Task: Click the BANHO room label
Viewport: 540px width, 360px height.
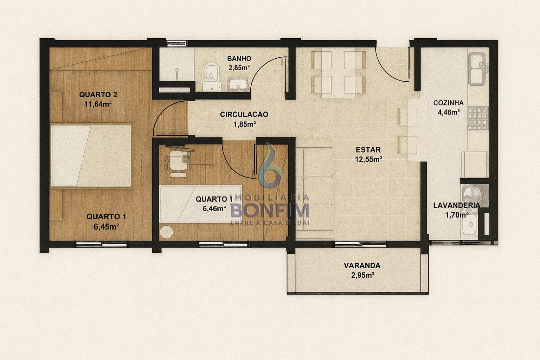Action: (x=239, y=59)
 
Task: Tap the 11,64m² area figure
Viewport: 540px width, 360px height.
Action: (x=98, y=104)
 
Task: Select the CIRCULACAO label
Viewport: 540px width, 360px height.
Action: (x=244, y=115)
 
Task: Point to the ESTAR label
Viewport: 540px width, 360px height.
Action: (x=368, y=150)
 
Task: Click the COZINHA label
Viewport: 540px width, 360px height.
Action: (x=448, y=103)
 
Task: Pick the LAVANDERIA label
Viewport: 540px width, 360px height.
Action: (x=457, y=205)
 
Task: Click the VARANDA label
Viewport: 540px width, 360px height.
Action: (x=362, y=265)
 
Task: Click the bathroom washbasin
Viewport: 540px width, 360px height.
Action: (x=238, y=84)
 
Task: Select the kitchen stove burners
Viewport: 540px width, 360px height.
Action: (x=477, y=119)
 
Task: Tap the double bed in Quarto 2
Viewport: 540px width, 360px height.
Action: (x=91, y=156)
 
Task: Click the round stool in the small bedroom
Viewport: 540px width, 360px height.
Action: (x=166, y=232)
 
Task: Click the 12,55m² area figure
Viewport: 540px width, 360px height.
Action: (x=368, y=159)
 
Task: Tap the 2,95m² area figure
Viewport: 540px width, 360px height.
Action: (x=362, y=275)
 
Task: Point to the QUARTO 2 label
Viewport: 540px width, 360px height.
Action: (x=98, y=95)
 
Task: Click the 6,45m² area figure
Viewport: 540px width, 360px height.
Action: (x=106, y=227)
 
